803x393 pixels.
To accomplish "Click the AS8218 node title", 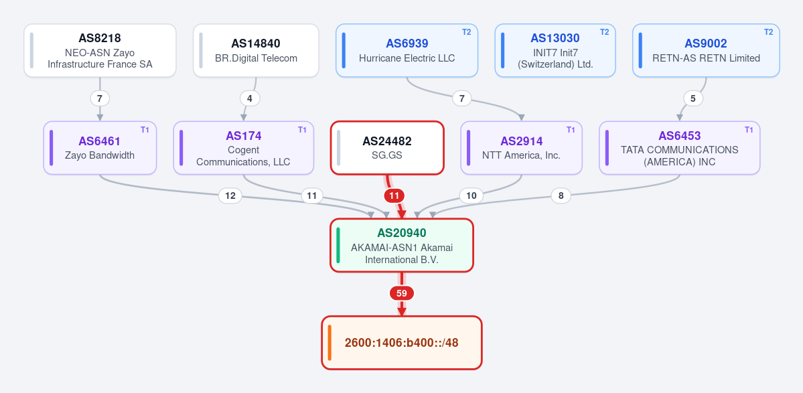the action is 100,38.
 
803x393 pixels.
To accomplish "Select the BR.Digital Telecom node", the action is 256,51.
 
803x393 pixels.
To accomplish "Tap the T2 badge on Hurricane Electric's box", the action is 467,31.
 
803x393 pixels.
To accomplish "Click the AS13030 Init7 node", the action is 555,51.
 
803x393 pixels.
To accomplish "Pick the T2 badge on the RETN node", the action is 769,31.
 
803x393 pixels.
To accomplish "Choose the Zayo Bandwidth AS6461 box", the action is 100,148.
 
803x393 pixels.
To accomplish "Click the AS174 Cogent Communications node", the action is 243,148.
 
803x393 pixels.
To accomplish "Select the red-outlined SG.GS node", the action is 387,148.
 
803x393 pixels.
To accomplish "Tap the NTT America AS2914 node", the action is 521,148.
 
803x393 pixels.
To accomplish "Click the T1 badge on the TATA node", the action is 749,129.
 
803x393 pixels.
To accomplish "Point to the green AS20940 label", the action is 402,233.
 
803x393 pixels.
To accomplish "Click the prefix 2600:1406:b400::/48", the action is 402,343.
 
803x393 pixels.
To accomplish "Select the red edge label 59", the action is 402,293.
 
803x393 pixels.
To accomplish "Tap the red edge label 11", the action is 394,195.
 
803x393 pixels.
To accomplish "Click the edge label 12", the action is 230,195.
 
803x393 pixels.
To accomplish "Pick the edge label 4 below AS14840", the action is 249,98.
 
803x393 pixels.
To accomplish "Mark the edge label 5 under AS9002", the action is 693,98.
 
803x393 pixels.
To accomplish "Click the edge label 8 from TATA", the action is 561,195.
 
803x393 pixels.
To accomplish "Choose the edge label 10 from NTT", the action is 471,195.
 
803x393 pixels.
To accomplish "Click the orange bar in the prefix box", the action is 330,343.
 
